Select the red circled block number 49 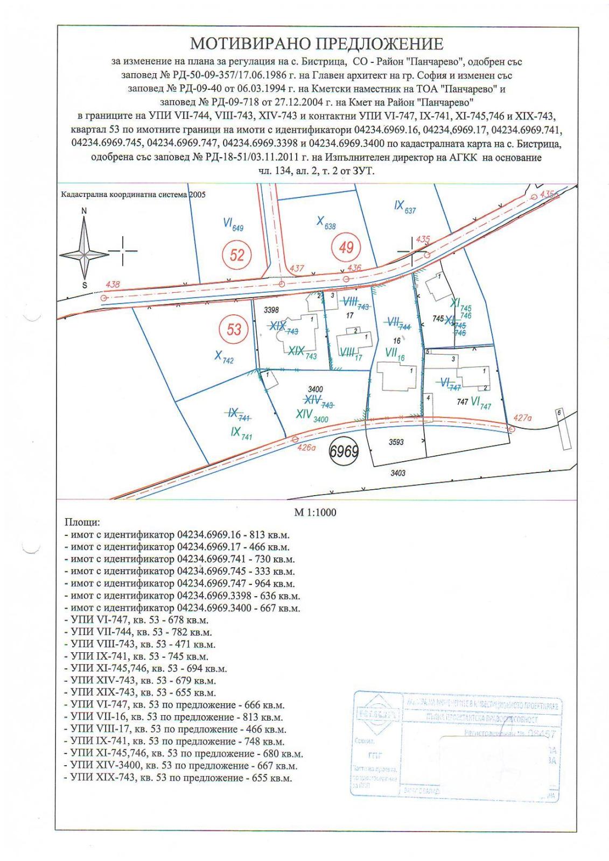346,248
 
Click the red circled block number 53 233,329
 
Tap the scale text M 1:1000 315,512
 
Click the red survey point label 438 113,284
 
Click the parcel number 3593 396,442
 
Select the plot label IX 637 405,206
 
